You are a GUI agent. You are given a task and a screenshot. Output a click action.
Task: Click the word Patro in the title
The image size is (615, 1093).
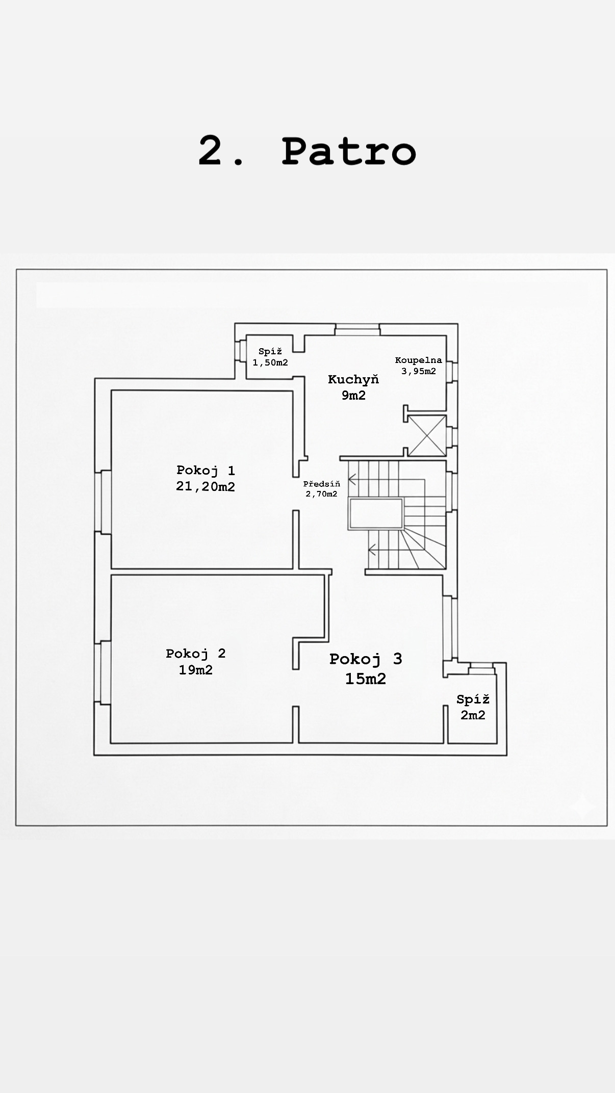(349, 150)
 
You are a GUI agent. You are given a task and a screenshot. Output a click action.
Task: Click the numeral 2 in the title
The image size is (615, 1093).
(212, 150)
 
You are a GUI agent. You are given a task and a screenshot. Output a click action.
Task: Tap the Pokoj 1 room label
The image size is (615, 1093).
(206, 470)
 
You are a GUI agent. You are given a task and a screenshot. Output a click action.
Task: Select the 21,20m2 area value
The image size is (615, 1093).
(206, 486)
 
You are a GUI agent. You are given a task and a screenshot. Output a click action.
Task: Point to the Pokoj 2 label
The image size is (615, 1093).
(195, 654)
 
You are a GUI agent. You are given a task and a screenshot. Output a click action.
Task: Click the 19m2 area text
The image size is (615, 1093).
(195, 670)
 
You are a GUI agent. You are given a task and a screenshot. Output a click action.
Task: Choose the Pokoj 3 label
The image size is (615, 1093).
(366, 659)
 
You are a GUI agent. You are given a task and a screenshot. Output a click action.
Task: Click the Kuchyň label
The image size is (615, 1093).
(353, 379)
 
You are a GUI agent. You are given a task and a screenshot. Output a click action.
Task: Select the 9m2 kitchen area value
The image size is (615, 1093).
(353, 395)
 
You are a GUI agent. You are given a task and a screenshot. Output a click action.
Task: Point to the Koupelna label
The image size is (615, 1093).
(418, 360)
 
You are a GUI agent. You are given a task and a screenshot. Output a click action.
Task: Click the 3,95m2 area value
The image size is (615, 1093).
(419, 371)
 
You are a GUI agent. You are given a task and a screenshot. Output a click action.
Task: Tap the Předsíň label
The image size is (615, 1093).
(321, 484)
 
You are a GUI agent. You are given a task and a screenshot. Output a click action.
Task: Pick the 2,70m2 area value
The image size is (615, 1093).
(321, 494)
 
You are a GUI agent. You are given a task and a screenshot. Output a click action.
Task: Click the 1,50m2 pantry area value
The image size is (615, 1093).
(270, 362)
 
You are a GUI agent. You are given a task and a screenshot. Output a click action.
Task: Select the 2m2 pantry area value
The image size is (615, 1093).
(473, 715)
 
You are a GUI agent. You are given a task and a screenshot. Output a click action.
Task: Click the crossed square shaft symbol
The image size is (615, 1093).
(427, 435)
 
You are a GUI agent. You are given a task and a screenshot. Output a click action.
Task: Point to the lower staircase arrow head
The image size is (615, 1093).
(372, 550)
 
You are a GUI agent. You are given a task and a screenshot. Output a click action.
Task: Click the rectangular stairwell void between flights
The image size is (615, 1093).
(376, 514)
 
